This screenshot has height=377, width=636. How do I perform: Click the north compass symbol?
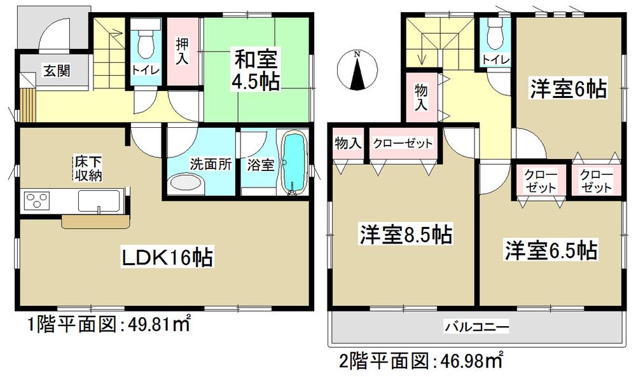(357, 71)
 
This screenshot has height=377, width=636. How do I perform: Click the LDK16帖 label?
(168, 257)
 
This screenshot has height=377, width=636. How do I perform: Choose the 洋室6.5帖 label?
(551, 250)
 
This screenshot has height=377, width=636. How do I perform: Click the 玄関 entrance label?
(56, 71)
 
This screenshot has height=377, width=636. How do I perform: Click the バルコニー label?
(476, 327)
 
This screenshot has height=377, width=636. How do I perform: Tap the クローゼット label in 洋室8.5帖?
(403, 144)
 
